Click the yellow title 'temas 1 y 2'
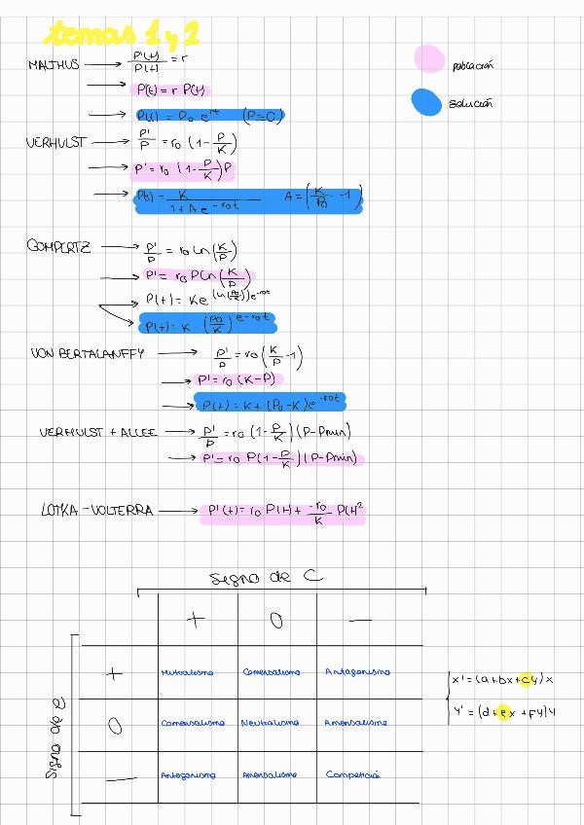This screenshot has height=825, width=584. [x=122, y=36]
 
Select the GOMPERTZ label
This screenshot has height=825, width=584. [x=58, y=246]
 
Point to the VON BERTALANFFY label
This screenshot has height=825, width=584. [x=87, y=353]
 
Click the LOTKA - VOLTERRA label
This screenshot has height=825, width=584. [x=97, y=510]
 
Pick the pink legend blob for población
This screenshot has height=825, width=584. [x=427, y=59]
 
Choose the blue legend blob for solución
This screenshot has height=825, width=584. [x=427, y=101]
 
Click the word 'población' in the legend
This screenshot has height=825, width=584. [x=473, y=65]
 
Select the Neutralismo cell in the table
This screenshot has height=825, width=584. [x=270, y=723]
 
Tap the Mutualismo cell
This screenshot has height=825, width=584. [x=186, y=671]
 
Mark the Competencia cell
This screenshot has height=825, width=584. [x=352, y=775]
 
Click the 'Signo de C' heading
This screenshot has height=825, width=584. [x=266, y=578]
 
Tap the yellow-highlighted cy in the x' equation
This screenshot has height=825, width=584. [x=529, y=679]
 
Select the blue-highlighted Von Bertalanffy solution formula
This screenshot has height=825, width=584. [x=270, y=401]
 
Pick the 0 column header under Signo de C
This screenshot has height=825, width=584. [x=276, y=620]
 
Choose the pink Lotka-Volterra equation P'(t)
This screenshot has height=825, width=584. [x=283, y=513]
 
